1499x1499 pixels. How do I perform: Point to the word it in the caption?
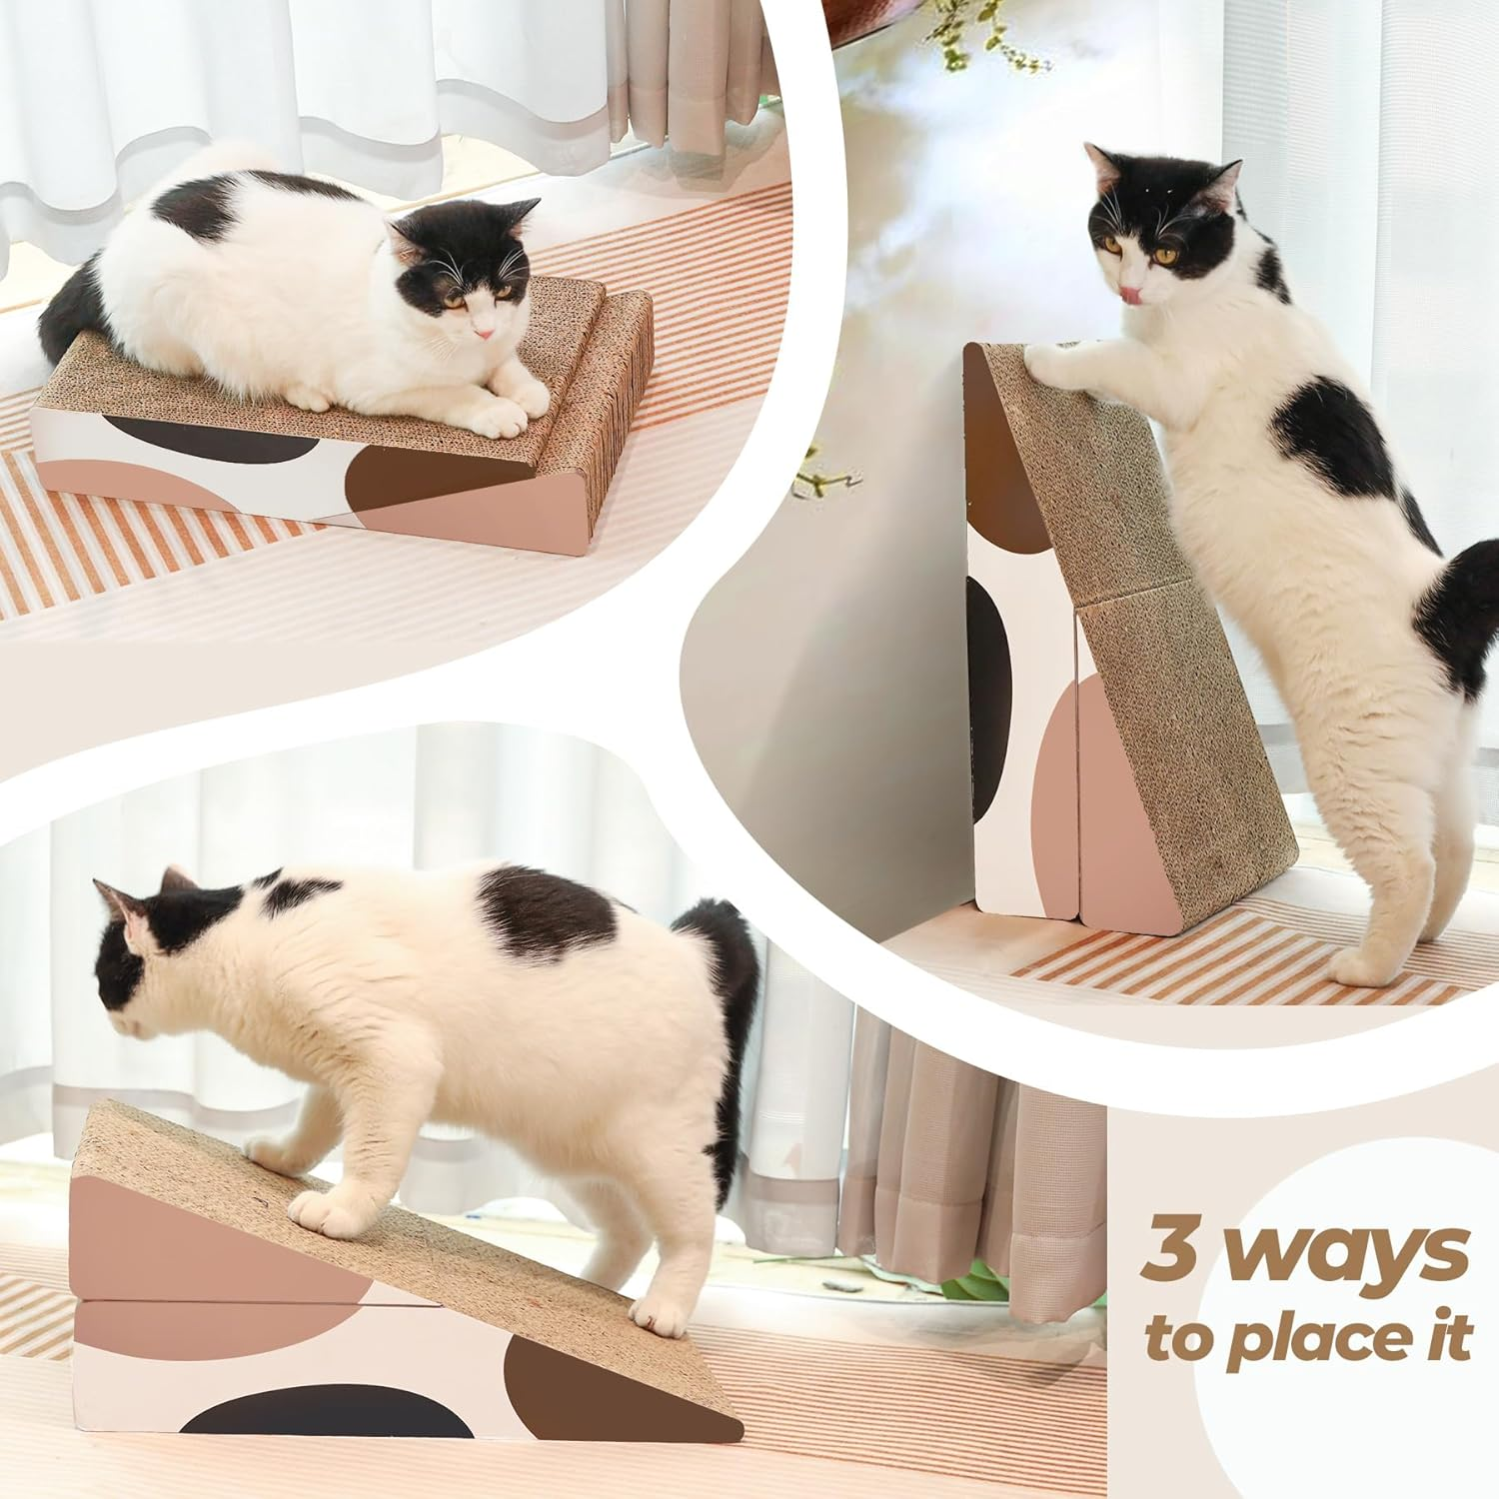pos(1446,1333)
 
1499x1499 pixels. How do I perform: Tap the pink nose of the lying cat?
pos(483,331)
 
